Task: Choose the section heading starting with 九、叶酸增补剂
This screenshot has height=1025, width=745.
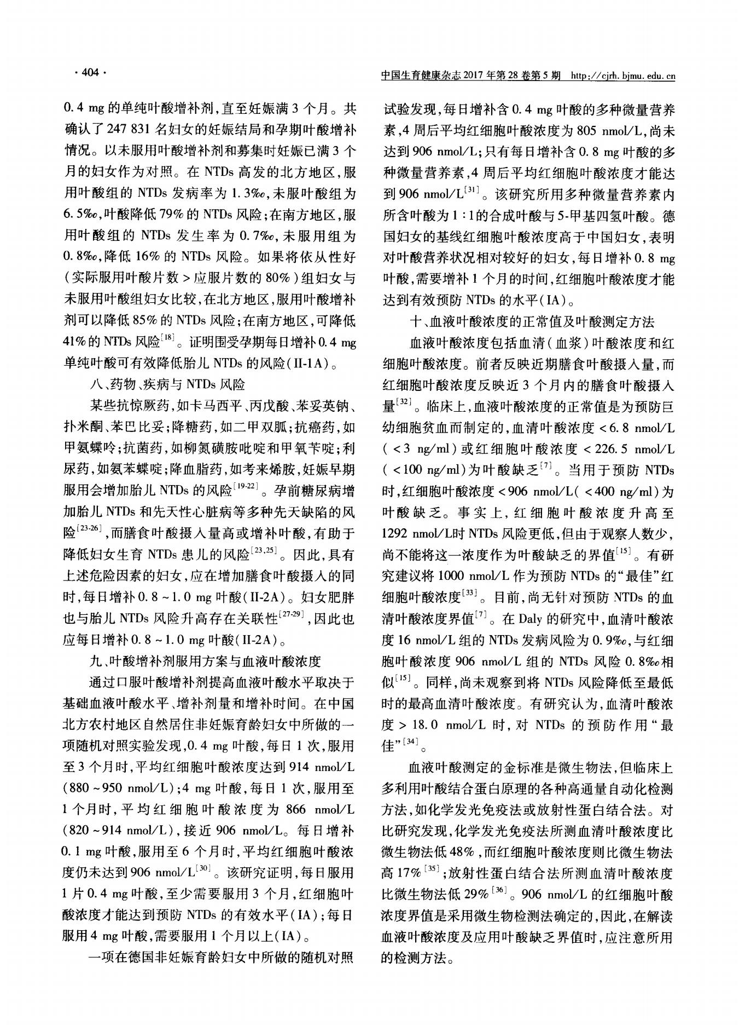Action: (x=205, y=660)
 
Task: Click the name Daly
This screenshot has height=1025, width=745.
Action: (x=529, y=620)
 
